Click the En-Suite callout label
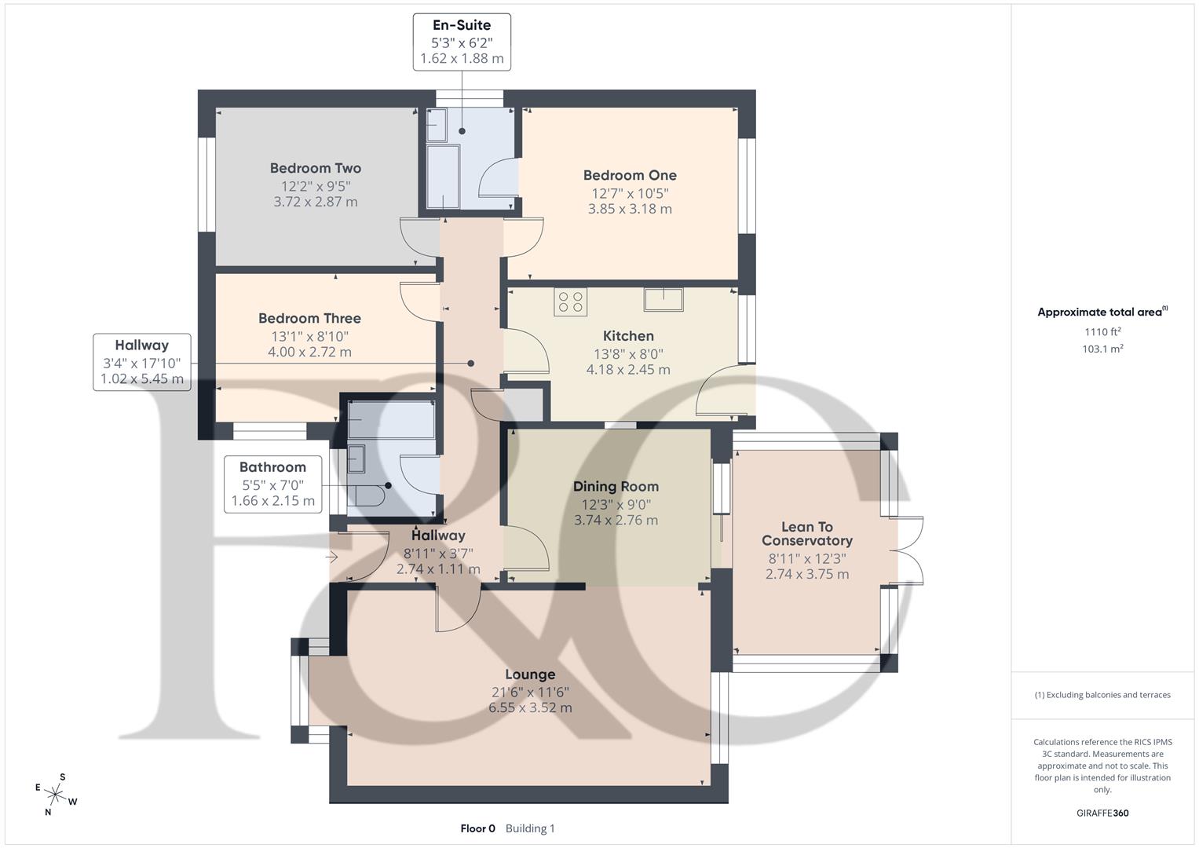coord(462,25)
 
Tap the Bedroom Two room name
coord(315,168)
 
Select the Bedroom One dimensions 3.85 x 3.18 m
coord(630,209)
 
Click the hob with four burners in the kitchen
coord(570,302)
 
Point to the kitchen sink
coord(663,299)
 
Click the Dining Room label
coord(616,487)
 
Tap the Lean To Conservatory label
coord(806,534)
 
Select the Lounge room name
coord(530,674)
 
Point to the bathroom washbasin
coord(356,458)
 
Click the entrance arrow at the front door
coord(332,557)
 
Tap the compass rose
coord(56,794)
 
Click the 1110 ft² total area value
coord(1102,332)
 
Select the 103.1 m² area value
coord(1102,349)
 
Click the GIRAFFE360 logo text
coord(1102,813)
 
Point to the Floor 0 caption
coord(477,828)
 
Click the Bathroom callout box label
coord(272,467)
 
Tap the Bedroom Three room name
coord(309,319)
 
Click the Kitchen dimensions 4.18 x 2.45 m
coord(628,370)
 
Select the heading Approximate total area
coord(1101,313)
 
